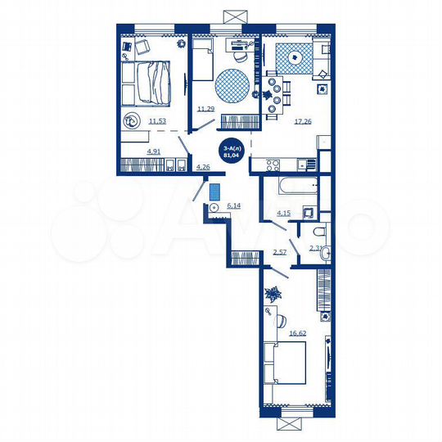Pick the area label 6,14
pyautogui.click(x=234, y=205)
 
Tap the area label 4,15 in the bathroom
pyautogui.click(x=284, y=214)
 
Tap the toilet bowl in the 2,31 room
pyautogui.click(x=325, y=251)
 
